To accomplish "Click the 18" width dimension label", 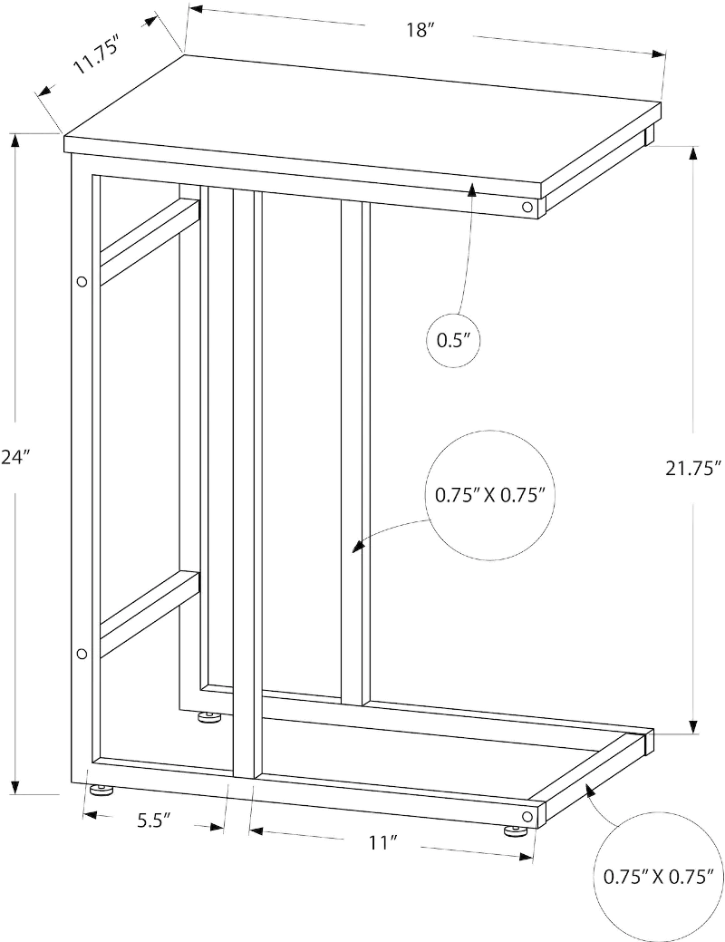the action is tap(420, 30).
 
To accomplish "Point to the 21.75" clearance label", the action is tap(692, 468).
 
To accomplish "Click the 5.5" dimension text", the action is tap(154, 821).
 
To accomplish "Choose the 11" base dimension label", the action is tap(380, 843).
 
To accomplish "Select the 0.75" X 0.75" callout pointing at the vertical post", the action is tap(489, 495).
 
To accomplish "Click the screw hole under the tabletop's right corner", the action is tap(527, 208).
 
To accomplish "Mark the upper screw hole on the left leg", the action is tap(82, 281).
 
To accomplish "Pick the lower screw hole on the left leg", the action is tap(82, 654).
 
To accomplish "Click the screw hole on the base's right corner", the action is tap(527, 816).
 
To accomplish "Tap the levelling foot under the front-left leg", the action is tap(101, 788).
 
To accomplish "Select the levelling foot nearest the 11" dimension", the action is tap(514, 830).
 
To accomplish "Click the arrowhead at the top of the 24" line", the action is tap(15, 141).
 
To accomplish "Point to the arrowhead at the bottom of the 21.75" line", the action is tap(694, 725).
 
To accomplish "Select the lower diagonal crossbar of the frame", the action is tap(149, 614).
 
